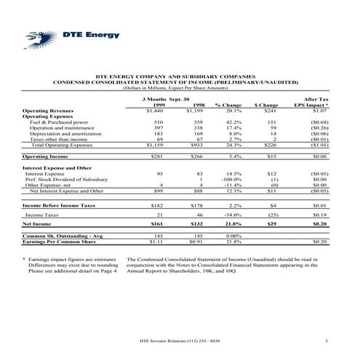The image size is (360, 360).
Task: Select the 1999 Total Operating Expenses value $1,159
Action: tap(153, 145)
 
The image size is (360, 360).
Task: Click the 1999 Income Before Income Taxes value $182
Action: tap(155, 207)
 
